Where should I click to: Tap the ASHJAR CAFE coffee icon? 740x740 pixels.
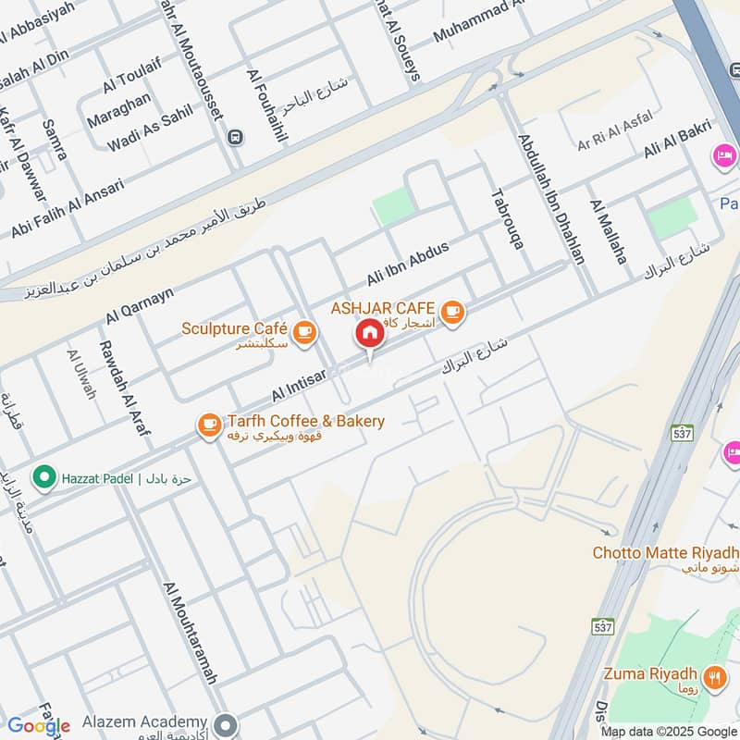pyautogui.click(x=451, y=312)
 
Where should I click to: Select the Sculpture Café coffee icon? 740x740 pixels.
pyautogui.click(x=302, y=331)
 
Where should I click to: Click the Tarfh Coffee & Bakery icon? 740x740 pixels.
pyautogui.click(x=208, y=425)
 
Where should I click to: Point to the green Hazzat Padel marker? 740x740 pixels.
pyautogui.click(x=42, y=477)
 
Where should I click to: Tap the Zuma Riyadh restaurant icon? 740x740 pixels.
pyautogui.click(x=714, y=676)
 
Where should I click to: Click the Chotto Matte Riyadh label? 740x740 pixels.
pyautogui.click(x=665, y=553)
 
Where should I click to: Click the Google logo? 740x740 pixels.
pyautogui.click(x=38, y=726)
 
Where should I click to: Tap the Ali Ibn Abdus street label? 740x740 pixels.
pyautogui.click(x=407, y=264)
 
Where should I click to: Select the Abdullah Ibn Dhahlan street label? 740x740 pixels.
pyautogui.click(x=551, y=198)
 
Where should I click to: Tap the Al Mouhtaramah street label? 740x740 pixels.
pyautogui.click(x=189, y=633)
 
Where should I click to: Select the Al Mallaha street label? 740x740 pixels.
pyautogui.click(x=608, y=230)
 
